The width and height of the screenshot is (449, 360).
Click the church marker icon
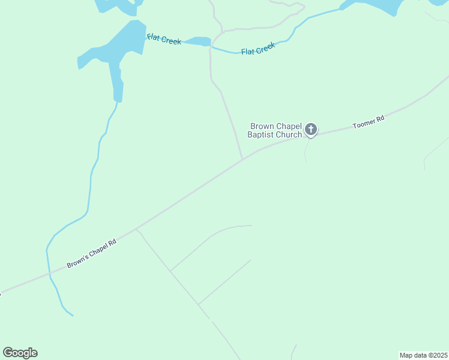[311, 128]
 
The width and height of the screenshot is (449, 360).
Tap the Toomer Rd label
[368, 123]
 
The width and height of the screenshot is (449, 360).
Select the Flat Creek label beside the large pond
[164, 39]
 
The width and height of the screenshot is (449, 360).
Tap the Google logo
[20, 353]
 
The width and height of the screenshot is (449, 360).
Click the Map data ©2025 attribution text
[424, 355]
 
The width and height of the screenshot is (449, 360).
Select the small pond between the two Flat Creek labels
[198, 41]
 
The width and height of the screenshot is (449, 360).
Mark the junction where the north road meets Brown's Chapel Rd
[242, 160]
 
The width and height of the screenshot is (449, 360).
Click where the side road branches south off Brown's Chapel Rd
[136, 229]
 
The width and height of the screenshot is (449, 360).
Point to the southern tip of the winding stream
[71, 314]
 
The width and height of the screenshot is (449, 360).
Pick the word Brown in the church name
[262, 126]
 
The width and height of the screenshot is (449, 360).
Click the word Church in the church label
[289, 135]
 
